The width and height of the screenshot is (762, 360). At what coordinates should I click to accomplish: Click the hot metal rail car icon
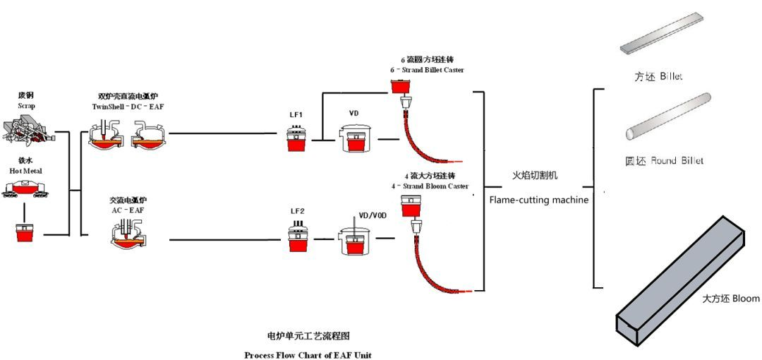(x=26, y=187)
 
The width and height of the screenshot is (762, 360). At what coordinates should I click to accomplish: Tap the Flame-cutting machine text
(x=538, y=200)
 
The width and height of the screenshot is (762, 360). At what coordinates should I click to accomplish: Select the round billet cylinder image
(x=668, y=116)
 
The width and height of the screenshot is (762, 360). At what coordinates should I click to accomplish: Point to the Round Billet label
(x=668, y=161)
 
